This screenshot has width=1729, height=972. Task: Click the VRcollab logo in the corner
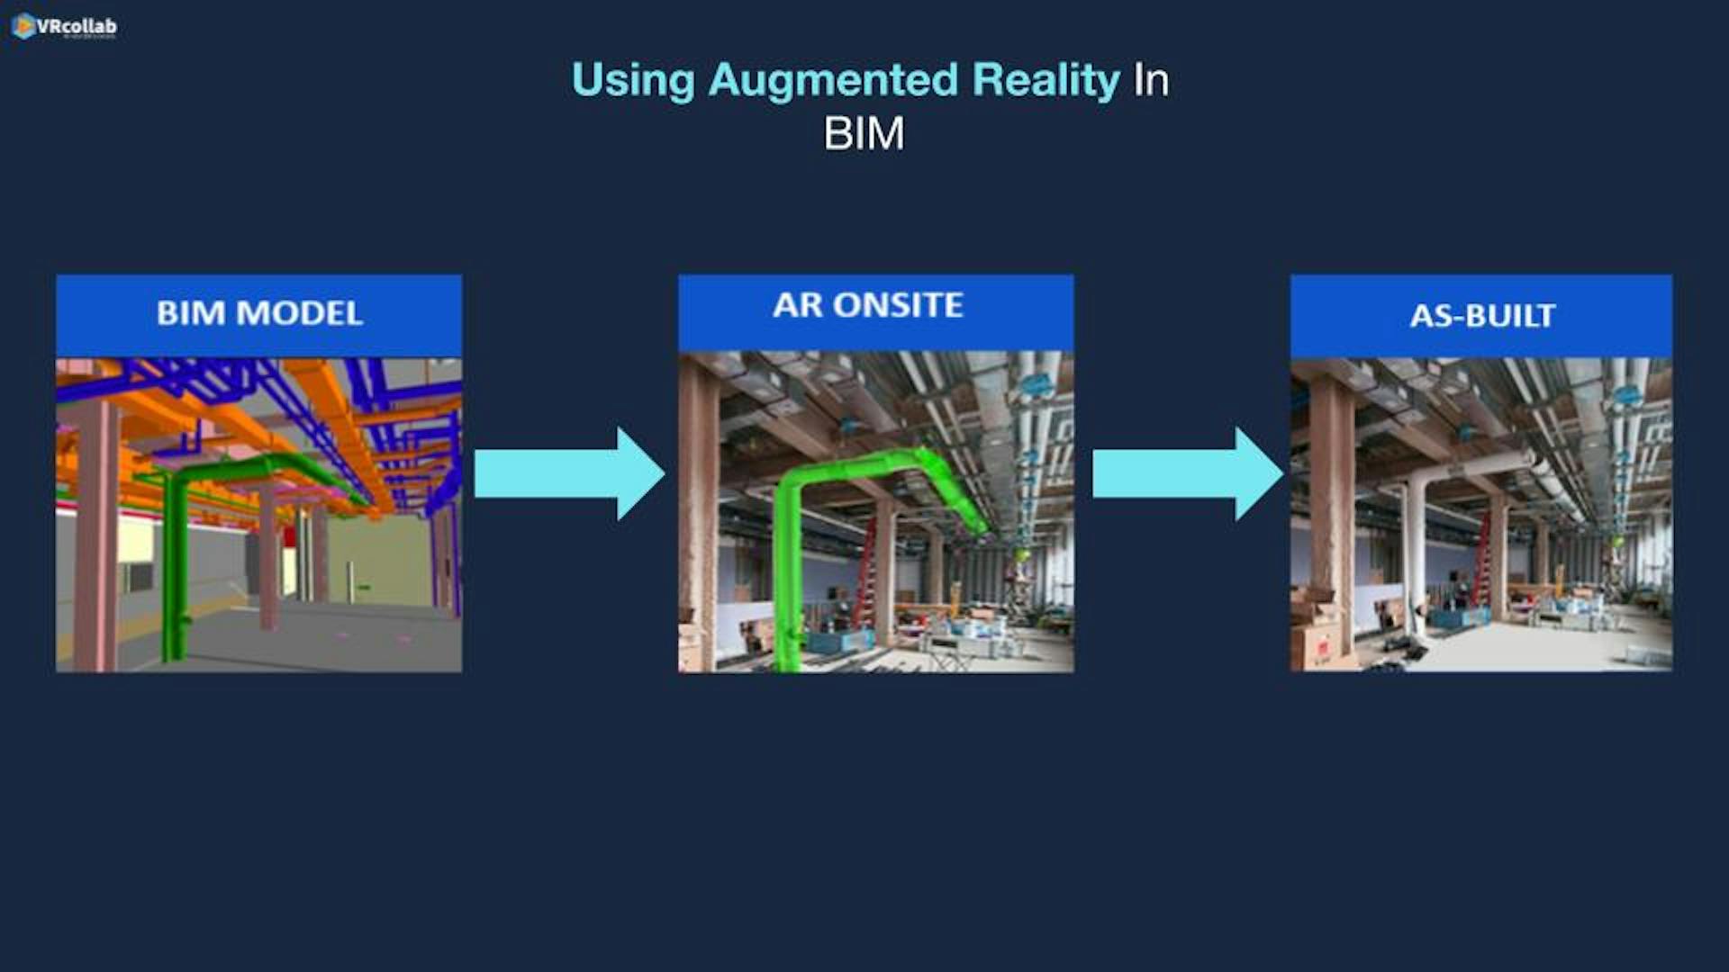click(x=64, y=27)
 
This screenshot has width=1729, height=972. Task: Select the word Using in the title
click(x=633, y=81)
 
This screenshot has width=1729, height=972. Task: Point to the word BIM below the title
click(x=864, y=134)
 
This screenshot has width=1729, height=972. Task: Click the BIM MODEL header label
click(x=259, y=313)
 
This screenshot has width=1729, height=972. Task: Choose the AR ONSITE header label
click(x=868, y=305)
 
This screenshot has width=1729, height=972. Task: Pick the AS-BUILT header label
click(x=1482, y=316)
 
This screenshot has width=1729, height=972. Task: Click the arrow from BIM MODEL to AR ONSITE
click(x=569, y=473)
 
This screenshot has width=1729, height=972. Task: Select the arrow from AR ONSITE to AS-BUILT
click(x=1188, y=473)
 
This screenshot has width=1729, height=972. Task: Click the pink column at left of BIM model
click(x=95, y=531)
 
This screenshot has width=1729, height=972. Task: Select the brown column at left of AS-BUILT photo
click(x=1332, y=513)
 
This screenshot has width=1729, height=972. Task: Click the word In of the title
click(x=1151, y=81)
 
